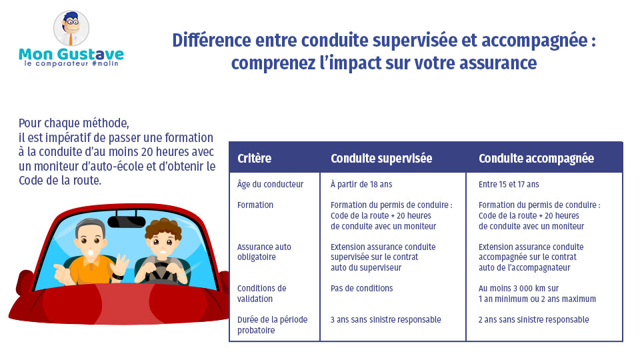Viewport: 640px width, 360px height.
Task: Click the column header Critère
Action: [254, 159]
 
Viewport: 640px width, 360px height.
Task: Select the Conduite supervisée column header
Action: [381, 159]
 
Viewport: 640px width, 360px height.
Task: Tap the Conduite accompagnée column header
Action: [536, 159]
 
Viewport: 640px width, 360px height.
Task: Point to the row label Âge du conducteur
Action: [270, 184]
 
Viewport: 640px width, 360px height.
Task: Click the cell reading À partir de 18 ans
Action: [361, 184]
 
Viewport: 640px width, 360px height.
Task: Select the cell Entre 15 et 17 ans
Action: [509, 184]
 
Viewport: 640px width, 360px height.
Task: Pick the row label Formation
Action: [255, 205]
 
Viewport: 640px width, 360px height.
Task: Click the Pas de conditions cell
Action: [361, 289]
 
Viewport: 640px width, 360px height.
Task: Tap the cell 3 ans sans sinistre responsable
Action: [385, 320]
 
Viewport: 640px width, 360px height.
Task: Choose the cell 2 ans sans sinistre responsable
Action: [533, 320]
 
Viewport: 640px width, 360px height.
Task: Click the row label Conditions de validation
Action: [261, 294]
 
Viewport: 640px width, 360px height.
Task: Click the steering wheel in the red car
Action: [160, 270]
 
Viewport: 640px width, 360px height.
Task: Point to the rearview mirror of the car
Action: [127, 221]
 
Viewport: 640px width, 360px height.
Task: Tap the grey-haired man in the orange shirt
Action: [91, 257]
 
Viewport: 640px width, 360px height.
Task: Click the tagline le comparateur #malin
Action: [71, 64]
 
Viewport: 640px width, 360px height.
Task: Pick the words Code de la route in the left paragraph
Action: [60, 181]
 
